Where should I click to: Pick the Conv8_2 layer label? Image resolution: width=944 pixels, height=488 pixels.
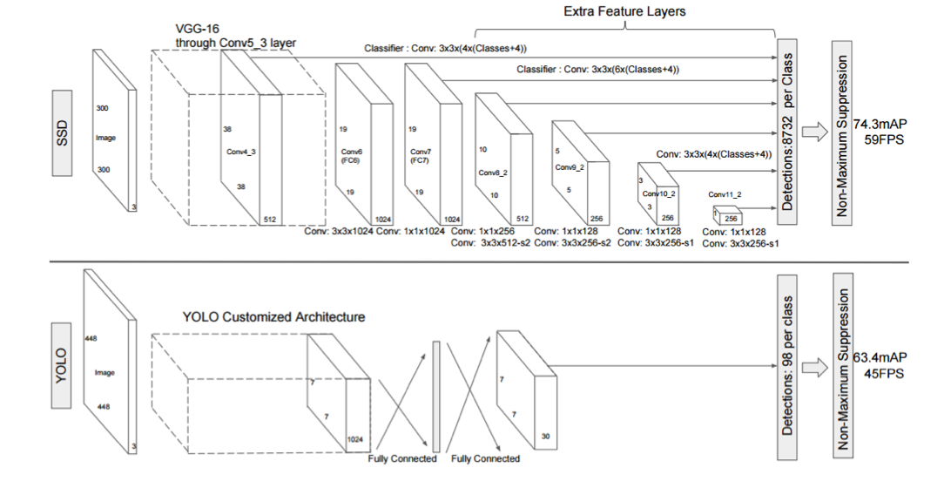coord(492,172)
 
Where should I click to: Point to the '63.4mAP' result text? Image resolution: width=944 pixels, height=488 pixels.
coord(881,357)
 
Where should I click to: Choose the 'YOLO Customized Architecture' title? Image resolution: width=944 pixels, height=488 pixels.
coord(273,316)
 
